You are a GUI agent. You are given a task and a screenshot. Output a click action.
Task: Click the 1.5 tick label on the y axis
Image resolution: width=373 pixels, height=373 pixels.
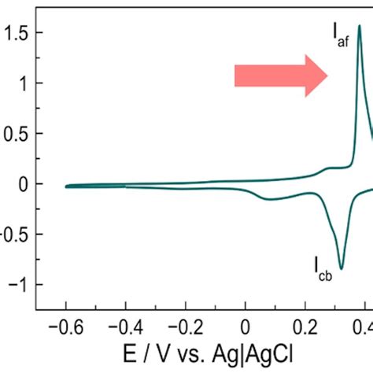17,33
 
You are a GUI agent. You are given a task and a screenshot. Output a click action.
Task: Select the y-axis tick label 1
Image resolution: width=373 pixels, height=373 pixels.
26,83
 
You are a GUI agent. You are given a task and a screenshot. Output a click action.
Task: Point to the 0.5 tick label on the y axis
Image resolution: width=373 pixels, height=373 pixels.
17,134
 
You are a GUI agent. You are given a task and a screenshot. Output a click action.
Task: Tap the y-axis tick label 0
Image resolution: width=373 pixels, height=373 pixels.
26,184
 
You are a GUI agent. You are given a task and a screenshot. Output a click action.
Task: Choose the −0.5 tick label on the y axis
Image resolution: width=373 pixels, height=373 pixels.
14,235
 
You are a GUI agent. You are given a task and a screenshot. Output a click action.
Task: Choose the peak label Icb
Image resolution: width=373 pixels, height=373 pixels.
323,275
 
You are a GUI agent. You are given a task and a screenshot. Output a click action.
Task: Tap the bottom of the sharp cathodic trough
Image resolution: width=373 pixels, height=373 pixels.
341,268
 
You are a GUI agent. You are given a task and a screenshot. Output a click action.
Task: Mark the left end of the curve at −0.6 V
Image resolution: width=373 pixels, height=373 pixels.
65,186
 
